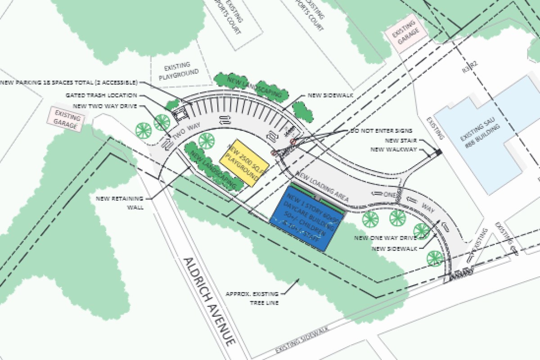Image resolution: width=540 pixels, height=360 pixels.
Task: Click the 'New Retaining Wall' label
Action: [x=119, y=203]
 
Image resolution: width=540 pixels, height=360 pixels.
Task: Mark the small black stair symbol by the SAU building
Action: [x=438, y=153]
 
